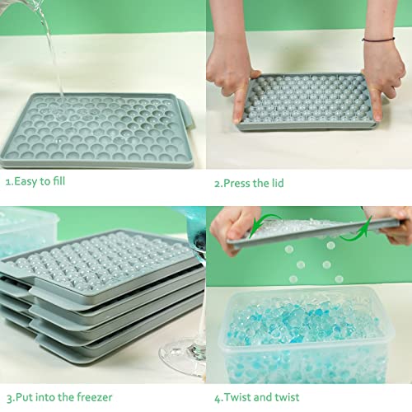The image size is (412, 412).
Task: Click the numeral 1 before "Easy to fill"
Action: pyautogui.click(x=7, y=182)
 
